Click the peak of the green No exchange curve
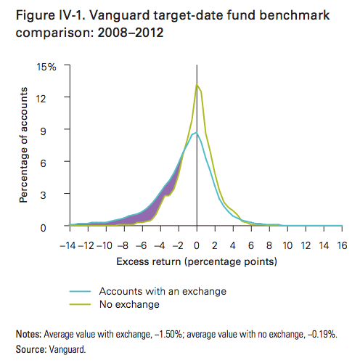point(197,84)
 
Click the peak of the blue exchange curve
point(197,132)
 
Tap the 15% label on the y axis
point(46,67)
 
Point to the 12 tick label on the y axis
point(41,99)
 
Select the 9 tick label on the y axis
point(43,131)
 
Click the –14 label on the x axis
point(67,245)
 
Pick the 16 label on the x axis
point(342,245)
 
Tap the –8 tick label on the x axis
point(123,245)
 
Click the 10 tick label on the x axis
point(287,245)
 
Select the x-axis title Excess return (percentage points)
point(197,262)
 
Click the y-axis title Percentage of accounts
point(23,145)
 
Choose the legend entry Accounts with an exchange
point(163,291)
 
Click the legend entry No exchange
point(129,304)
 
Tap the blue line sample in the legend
point(80,291)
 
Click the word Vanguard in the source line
point(67,349)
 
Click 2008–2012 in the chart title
point(131,33)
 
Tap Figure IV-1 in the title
point(50,15)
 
